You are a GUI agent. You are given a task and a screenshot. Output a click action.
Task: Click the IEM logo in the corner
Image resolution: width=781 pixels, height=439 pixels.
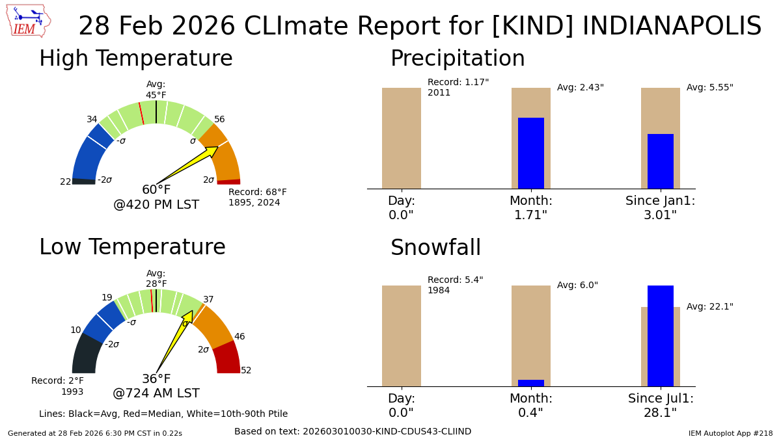tap(28, 21)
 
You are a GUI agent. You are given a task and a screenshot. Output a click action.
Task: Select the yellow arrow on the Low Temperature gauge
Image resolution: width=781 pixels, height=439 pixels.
tap(174, 341)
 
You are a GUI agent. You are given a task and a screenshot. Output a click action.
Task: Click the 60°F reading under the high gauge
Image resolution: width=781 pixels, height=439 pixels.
tap(156, 190)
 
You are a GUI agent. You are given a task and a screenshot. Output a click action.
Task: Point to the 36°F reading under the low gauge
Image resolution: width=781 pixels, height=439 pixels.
tap(156, 379)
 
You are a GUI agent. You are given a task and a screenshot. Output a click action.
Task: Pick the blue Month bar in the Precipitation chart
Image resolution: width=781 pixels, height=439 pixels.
tap(530, 153)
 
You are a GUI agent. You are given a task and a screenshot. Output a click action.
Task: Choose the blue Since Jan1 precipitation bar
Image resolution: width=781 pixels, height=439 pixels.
tap(660, 161)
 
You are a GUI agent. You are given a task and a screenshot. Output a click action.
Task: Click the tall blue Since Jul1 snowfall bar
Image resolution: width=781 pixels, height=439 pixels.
tap(660, 336)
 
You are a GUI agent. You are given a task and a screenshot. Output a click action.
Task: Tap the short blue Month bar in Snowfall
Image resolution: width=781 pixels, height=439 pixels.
tap(530, 383)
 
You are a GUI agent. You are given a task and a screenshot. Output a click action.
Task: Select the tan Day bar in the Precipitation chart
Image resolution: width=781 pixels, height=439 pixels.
tap(401, 138)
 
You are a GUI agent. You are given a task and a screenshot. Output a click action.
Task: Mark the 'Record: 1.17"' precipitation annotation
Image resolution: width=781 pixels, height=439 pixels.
tap(458, 83)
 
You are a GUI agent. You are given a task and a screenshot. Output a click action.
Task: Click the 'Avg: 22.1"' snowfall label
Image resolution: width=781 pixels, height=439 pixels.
tap(709, 307)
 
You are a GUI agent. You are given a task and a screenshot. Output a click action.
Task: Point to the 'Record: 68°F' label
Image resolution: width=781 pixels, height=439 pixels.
tap(257, 193)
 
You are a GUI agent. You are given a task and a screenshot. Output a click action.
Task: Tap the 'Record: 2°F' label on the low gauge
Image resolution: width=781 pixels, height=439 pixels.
tap(57, 381)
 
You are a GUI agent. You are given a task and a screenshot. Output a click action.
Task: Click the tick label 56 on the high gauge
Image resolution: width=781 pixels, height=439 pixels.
tap(219, 120)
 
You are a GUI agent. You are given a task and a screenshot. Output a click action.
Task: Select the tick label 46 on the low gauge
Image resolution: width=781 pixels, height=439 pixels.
tap(240, 337)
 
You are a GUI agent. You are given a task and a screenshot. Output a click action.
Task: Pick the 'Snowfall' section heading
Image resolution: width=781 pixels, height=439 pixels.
tap(435, 248)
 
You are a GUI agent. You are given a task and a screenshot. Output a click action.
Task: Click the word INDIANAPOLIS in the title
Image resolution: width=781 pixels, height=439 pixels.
tap(672, 27)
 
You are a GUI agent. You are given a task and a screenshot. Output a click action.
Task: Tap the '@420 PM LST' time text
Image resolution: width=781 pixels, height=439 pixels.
tap(156, 205)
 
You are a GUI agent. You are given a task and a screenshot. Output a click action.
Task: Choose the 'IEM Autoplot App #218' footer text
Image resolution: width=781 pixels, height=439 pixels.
tap(730, 433)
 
